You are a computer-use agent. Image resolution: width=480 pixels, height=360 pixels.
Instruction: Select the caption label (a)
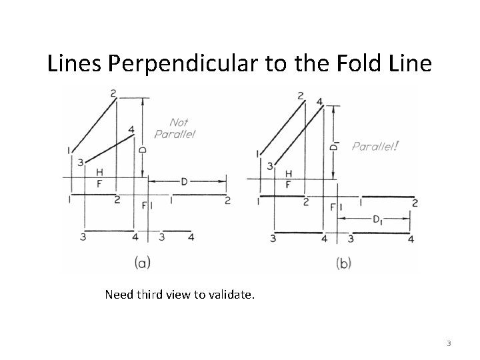coord(142,262)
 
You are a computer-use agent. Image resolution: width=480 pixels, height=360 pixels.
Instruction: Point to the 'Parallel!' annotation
coord(376,146)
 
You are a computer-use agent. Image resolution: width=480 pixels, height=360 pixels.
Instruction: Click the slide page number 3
coord(449,344)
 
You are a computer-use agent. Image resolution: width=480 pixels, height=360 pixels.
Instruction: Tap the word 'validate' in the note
coord(229,293)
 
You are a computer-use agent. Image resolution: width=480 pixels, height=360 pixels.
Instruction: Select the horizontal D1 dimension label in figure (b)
coord(377,219)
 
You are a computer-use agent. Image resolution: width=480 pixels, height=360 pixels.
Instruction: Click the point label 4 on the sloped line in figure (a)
coord(131,129)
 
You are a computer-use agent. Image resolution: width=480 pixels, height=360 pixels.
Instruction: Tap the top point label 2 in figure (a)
coord(113,92)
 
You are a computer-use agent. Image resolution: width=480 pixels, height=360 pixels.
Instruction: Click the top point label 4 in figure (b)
coord(319,101)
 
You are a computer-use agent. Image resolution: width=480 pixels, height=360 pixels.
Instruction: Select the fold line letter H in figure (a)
coord(99,173)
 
